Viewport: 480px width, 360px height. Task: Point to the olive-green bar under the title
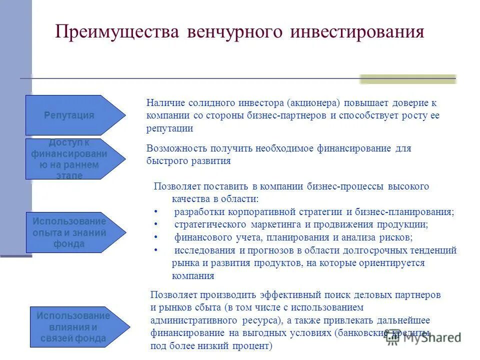(x=408, y=79)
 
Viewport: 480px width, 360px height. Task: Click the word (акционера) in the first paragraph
(x=313, y=103)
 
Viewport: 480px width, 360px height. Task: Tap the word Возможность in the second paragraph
(x=174, y=148)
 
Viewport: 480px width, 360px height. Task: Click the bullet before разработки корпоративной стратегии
(x=156, y=212)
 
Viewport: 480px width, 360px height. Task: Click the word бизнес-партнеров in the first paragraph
(x=288, y=115)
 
